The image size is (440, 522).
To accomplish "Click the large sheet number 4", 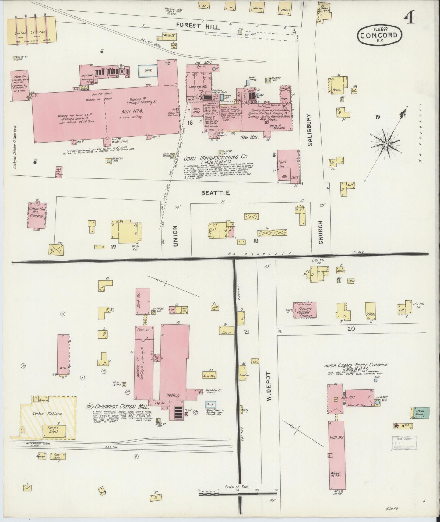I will pos(409,19).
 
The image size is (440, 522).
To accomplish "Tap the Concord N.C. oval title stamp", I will pos(379,35).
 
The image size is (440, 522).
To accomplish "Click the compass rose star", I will pos(386,143).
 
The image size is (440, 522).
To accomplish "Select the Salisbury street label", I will pos(310,130).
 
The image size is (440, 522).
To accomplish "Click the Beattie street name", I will pos(215,193).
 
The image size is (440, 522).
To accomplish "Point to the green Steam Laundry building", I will pos(420,412).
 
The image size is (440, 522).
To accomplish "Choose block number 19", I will pos(377,117).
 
